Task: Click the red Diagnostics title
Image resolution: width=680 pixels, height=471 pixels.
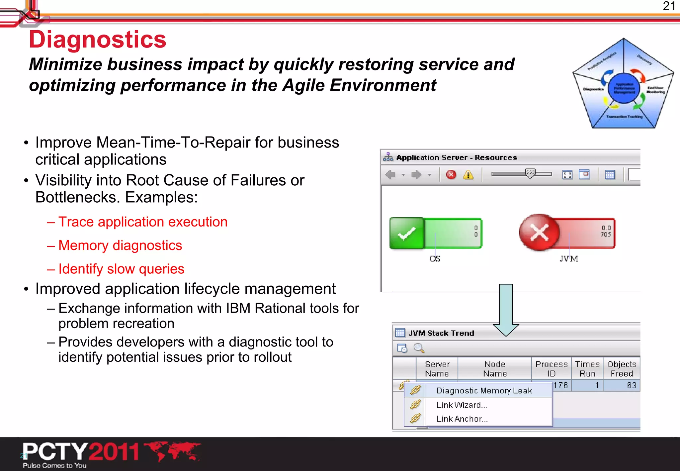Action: tap(97, 40)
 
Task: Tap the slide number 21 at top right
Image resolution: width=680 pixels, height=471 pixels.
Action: tap(669, 6)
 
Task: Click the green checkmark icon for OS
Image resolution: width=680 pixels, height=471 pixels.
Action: tap(407, 233)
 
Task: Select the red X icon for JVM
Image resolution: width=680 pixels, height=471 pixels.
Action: tap(539, 232)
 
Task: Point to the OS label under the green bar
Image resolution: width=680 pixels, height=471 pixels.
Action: tap(435, 259)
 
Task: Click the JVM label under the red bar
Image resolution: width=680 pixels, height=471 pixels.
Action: tap(569, 259)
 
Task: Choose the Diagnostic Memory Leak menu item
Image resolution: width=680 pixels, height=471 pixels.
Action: tap(484, 391)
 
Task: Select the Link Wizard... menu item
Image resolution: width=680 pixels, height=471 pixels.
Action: tap(461, 405)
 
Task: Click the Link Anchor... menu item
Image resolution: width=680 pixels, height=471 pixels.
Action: tap(462, 419)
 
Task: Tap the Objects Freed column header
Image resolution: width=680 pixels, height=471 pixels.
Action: tap(622, 369)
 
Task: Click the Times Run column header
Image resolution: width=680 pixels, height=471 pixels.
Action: tap(587, 369)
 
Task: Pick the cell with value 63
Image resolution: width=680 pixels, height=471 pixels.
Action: tap(631, 385)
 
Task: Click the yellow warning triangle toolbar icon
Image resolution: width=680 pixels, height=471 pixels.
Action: tap(468, 175)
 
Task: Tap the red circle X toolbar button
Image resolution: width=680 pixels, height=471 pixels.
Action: tap(451, 175)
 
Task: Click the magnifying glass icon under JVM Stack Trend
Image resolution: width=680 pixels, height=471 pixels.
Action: tap(419, 348)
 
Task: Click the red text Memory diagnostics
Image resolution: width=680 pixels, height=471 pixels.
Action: tap(120, 245)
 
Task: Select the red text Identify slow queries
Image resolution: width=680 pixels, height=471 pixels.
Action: tap(121, 269)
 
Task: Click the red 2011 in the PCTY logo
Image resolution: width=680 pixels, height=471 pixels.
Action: tap(114, 452)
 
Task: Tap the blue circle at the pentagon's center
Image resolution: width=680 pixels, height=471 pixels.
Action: tap(624, 88)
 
